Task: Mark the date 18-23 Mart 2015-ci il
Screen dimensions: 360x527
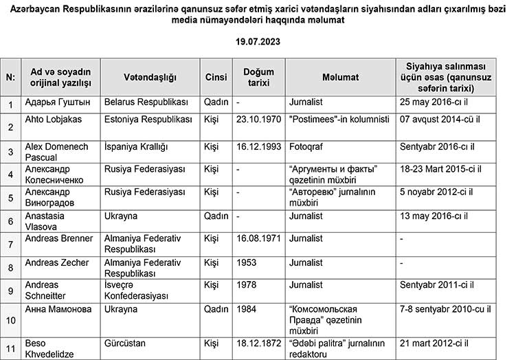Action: point(439,168)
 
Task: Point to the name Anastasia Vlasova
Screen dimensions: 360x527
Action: point(52,221)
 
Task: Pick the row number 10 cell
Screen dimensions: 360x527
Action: point(11,319)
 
